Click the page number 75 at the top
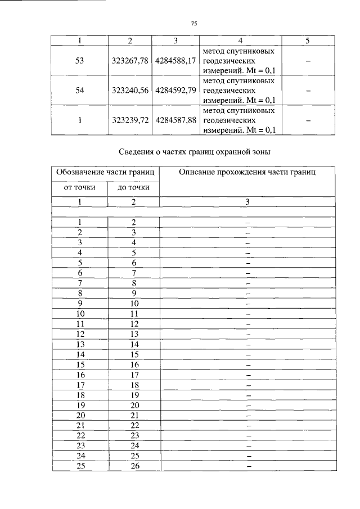(194, 24)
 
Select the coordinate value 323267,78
(130, 61)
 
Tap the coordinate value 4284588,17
(175, 61)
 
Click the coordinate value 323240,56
(130, 90)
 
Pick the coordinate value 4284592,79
(175, 90)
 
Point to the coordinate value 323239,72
(130, 120)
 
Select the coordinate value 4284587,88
(175, 120)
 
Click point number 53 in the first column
(79, 61)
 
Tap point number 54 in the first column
(79, 90)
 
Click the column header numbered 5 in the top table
(307, 41)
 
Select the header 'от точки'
(79, 187)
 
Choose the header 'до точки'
(134, 187)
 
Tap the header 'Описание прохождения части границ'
(247, 172)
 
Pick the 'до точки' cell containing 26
(134, 466)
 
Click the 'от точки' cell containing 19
(80, 405)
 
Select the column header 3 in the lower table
(247, 201)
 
